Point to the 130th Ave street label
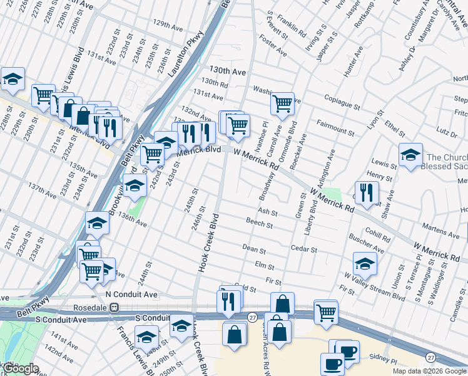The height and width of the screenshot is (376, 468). (x=228, y=71)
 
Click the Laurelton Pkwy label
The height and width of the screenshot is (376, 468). (x=186, y=55)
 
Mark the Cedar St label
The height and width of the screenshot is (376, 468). (x=305, y=249)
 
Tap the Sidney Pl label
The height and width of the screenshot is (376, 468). (x=385, y=361)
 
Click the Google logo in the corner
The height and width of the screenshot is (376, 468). (x=20, y=368)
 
